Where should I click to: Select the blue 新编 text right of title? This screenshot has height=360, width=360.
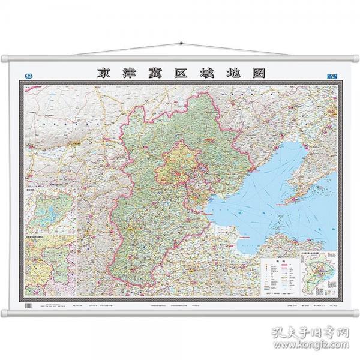tap(331, 75)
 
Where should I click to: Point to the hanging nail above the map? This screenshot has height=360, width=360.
tap(180, 44)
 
